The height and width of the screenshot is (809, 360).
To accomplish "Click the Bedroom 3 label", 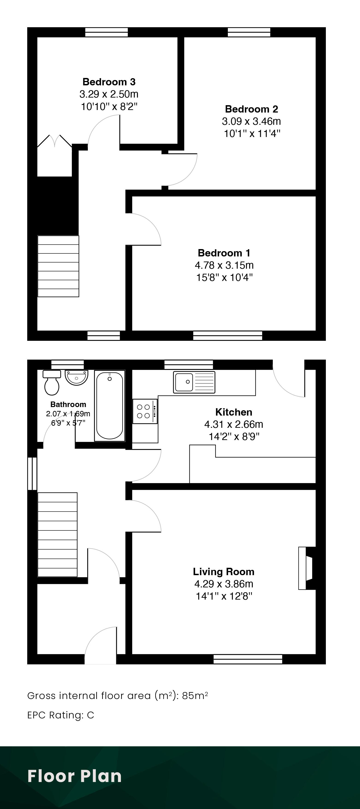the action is [109, 82].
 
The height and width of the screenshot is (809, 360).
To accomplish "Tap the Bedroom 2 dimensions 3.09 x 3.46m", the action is [251, 121].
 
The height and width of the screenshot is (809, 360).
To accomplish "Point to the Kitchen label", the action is [234, 412].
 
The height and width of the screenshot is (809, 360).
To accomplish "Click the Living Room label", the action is [224, 571].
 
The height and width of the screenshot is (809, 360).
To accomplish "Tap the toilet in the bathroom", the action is [52, 383].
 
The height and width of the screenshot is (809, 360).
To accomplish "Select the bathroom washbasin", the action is [76, 378].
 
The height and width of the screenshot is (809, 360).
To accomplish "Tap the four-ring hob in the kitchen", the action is [145, 411].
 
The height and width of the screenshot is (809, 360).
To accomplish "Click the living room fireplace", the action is [306, 568].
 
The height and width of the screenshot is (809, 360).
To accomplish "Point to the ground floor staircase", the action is [57, 535].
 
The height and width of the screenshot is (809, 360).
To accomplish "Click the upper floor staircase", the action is [58, 266].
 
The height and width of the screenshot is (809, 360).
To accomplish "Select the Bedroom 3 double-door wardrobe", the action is [55, 141].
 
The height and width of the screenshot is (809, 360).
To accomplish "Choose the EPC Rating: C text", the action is [61, 715].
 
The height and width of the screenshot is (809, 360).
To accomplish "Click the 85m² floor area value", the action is [195, 696].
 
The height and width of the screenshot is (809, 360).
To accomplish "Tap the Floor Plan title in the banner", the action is [74, 776].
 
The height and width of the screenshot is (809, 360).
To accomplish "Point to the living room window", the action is [248, 659].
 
